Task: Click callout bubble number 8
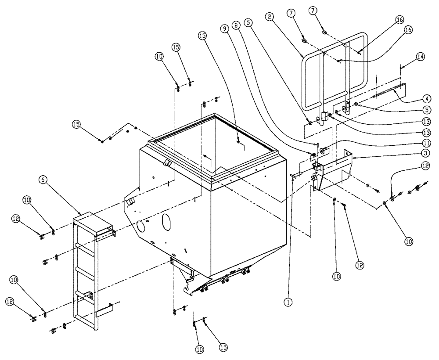237,26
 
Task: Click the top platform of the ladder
93,221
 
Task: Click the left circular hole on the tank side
141,227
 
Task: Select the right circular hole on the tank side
166,220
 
